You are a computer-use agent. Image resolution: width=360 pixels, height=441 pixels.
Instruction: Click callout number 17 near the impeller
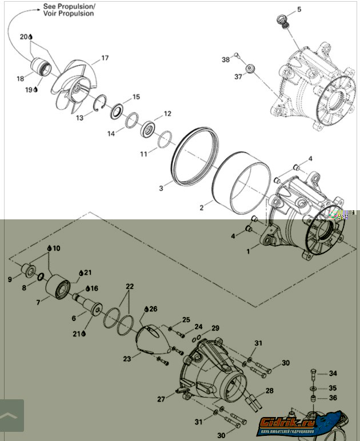click(x=105, y=58)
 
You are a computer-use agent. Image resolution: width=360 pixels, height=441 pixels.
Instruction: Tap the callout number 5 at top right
click(x=299, y=10)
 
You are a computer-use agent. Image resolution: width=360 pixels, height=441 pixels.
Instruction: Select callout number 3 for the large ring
click(x=161, y=187)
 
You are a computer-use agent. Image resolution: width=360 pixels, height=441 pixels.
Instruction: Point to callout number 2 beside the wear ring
click(x=202, y=208)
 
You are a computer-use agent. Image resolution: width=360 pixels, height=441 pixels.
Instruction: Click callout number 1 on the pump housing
click(x=248, y=251)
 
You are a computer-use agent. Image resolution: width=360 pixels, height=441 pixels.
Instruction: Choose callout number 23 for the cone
click(x=127, y=359)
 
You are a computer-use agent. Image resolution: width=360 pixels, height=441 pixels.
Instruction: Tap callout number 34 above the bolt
click(x=333, y=374)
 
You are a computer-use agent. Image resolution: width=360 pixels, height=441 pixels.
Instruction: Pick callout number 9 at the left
click(x=10, y=279)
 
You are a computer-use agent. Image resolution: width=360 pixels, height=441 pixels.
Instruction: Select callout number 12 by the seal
click(x=167, y=114)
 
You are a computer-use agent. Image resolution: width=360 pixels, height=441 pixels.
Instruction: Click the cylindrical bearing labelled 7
click(x=57, y=284)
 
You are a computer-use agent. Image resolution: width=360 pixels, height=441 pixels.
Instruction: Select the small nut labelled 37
click(x=250, y=70)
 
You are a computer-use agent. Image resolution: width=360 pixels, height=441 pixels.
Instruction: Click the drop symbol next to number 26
click(x=146, y=308)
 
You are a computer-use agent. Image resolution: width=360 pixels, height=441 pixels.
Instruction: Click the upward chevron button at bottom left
click(x=11, y=415)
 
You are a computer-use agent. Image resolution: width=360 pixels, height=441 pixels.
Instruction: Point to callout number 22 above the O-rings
click(x=130, y=286)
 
